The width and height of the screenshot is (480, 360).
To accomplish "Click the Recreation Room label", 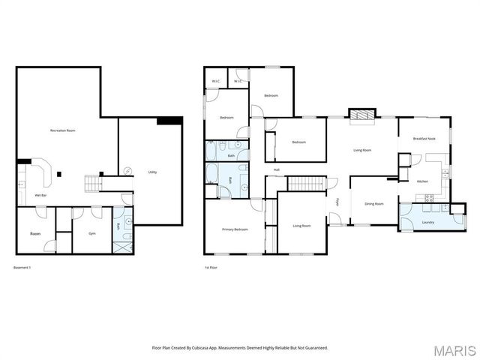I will pyautogui.click(x=62, y=130).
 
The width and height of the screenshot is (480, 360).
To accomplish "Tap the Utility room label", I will pyautogui.click(x=152, y=172).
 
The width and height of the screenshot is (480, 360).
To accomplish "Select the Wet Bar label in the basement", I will pyautogui.click(x=40, y=195).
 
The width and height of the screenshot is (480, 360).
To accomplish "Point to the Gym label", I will pyautogui.click(x=92, y=233).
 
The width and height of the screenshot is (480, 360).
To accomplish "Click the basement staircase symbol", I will pyautogui.click(x=92, y=183).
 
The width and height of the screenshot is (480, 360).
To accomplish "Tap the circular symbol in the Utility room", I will pyautogui.click(x=127, y=169).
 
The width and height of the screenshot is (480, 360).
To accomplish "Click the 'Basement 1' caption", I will pyautogui.click(x=25, y=267).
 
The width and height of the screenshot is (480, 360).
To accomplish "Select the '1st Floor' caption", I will pyautogui.click(x=211, y=267).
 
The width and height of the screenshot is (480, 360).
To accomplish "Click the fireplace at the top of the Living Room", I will pyautogui.click(x=362, y=115).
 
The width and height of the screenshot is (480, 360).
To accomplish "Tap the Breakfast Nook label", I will pyautogui.click(x=424, y=139).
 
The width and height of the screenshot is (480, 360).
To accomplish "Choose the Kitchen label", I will pyautogui.click(x=422, y=181).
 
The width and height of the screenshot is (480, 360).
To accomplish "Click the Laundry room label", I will pyautogui.click(x=428, y=221).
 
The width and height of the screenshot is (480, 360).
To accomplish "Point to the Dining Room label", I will pyautogui.click(x=373, y=203).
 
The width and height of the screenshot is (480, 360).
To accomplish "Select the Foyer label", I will pyautogui.click(x=338, y=202).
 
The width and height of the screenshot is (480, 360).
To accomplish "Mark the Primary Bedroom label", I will pyautogui.click(x=234, y=229).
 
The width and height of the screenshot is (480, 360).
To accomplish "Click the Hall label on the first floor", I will pyautogui.click(x=277, y=169).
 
